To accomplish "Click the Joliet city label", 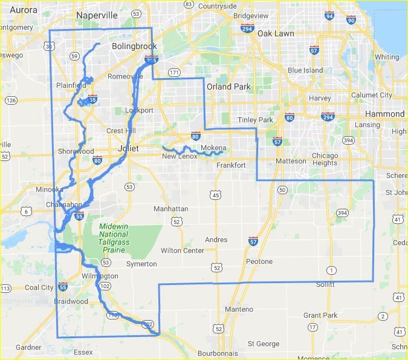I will (129, 148).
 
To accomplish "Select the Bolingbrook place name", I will (134, 46).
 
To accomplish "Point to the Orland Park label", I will (228, 87).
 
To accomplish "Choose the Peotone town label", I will (259, 261).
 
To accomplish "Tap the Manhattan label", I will (171, 208).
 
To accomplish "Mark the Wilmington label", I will (100, 276).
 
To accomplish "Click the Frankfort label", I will (231, 165).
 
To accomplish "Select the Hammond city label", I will (385, 114).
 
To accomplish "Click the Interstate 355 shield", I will (152, 60).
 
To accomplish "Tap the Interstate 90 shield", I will (351, 20).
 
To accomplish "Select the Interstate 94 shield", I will (329, 16).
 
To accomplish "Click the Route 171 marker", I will (174, 73).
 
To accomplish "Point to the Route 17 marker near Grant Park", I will (312, 327).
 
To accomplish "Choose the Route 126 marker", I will (11, 100).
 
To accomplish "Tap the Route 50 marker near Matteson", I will (282, 190).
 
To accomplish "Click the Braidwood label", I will (72, 301).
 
